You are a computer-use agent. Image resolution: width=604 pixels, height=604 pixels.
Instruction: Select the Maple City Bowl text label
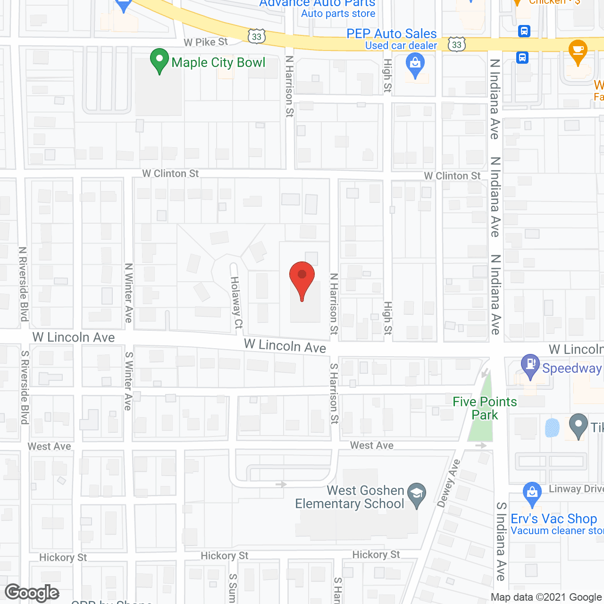(218, 63)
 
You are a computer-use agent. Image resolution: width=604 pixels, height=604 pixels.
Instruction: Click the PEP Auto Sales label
(392, 34)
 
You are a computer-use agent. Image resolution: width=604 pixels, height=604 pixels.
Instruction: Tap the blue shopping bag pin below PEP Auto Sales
(415, 66)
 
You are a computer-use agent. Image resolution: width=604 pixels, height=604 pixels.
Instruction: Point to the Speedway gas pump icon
(530, 366)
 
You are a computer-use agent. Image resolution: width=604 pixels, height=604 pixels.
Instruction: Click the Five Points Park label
(485, 408)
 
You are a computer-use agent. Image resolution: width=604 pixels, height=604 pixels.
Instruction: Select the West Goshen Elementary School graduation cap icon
(417, 495)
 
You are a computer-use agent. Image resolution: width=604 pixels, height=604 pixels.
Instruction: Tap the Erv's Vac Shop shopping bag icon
(532, 494)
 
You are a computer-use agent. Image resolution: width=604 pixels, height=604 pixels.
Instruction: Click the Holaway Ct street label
(236, 302)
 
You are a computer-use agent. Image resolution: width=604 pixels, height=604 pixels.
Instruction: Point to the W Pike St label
(206, 42)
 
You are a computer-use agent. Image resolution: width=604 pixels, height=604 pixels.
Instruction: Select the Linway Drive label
(576, 489)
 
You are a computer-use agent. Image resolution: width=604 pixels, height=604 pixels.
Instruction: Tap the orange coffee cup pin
(578, 51)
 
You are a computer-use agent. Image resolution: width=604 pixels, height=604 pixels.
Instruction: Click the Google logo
(32, 593)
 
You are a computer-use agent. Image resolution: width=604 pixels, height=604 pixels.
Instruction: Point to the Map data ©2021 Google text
(546, 597)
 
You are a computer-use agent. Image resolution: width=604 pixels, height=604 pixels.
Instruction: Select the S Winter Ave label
(128, 381)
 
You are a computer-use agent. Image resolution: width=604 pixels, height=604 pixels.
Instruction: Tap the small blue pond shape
(552, 428)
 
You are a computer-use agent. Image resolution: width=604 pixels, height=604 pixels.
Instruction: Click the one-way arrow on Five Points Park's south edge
(481, 445)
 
